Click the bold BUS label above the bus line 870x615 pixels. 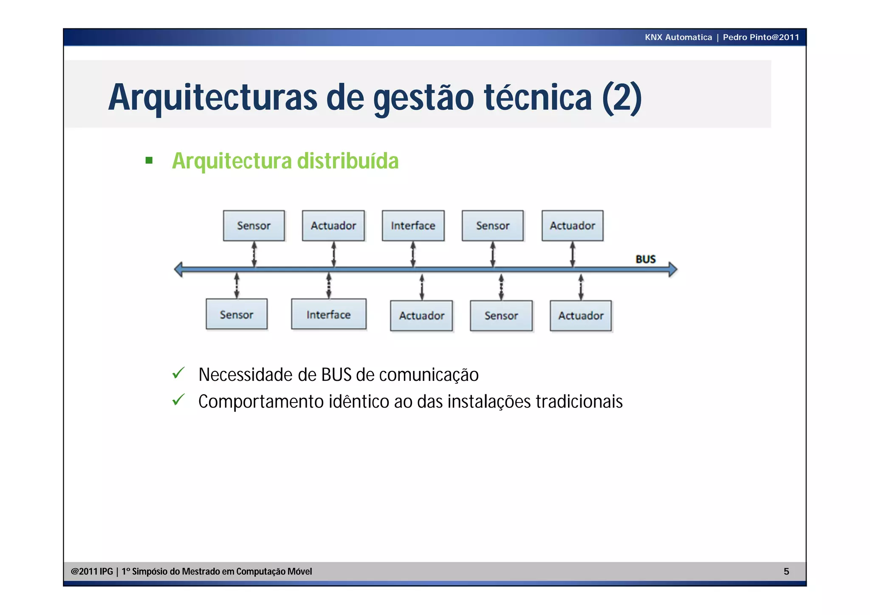pos(645,259)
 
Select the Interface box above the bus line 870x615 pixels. pos(413,226)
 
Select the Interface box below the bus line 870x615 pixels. pos(328,315)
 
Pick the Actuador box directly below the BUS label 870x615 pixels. pos(581,316)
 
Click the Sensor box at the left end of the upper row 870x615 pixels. pos(254,226)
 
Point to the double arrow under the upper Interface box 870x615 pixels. pos(413,255)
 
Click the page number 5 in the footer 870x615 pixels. pos(786,572)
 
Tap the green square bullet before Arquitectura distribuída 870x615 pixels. pos(149,161)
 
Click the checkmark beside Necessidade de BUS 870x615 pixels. pos(178,373)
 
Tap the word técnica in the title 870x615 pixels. pos(538,98)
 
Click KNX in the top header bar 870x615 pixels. pos(653,37)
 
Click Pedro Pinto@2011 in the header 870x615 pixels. pos(761,37)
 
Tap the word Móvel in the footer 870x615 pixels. pos(299,572)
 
